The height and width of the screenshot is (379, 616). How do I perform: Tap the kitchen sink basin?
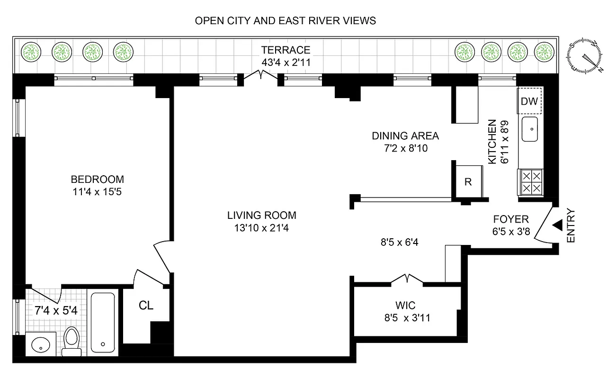531,129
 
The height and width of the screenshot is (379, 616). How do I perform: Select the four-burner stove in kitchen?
531,181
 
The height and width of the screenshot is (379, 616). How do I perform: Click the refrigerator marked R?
468,182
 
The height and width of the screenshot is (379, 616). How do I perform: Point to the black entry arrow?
558,226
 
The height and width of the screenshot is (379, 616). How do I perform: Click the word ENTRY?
571,226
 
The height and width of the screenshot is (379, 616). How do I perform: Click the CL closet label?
146,306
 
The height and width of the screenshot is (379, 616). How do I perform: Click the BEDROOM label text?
97,180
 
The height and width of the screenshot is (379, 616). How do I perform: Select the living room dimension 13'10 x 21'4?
261,227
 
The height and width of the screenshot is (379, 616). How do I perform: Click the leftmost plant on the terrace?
31,51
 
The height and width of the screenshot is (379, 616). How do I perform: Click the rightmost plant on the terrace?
544,51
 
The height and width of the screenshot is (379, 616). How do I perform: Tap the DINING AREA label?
405,136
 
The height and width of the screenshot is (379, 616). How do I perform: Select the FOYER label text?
510,219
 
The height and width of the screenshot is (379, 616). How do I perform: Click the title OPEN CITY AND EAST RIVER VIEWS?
286,20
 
